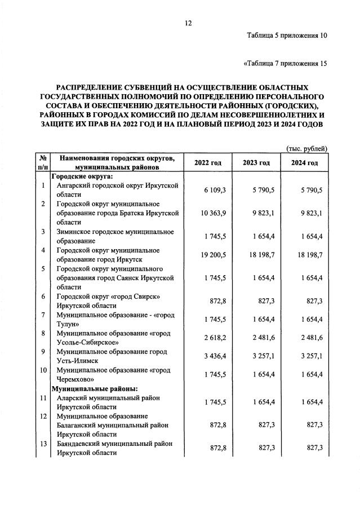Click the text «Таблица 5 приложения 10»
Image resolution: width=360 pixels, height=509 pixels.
pyautogui.click(x=287, y=36)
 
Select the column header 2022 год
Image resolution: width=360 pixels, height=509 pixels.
pyautogui.click(x=208, y=163)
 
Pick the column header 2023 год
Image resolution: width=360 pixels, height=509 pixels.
pyautogui.click(x=256, y=163)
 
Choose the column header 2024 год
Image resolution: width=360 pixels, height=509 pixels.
pyautogui.click(x=304, y=163)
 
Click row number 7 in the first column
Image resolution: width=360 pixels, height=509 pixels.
pyautogui.click(x=43, y=315)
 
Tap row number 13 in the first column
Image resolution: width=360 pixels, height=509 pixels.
pyautogui.click(x=43, y=444)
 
